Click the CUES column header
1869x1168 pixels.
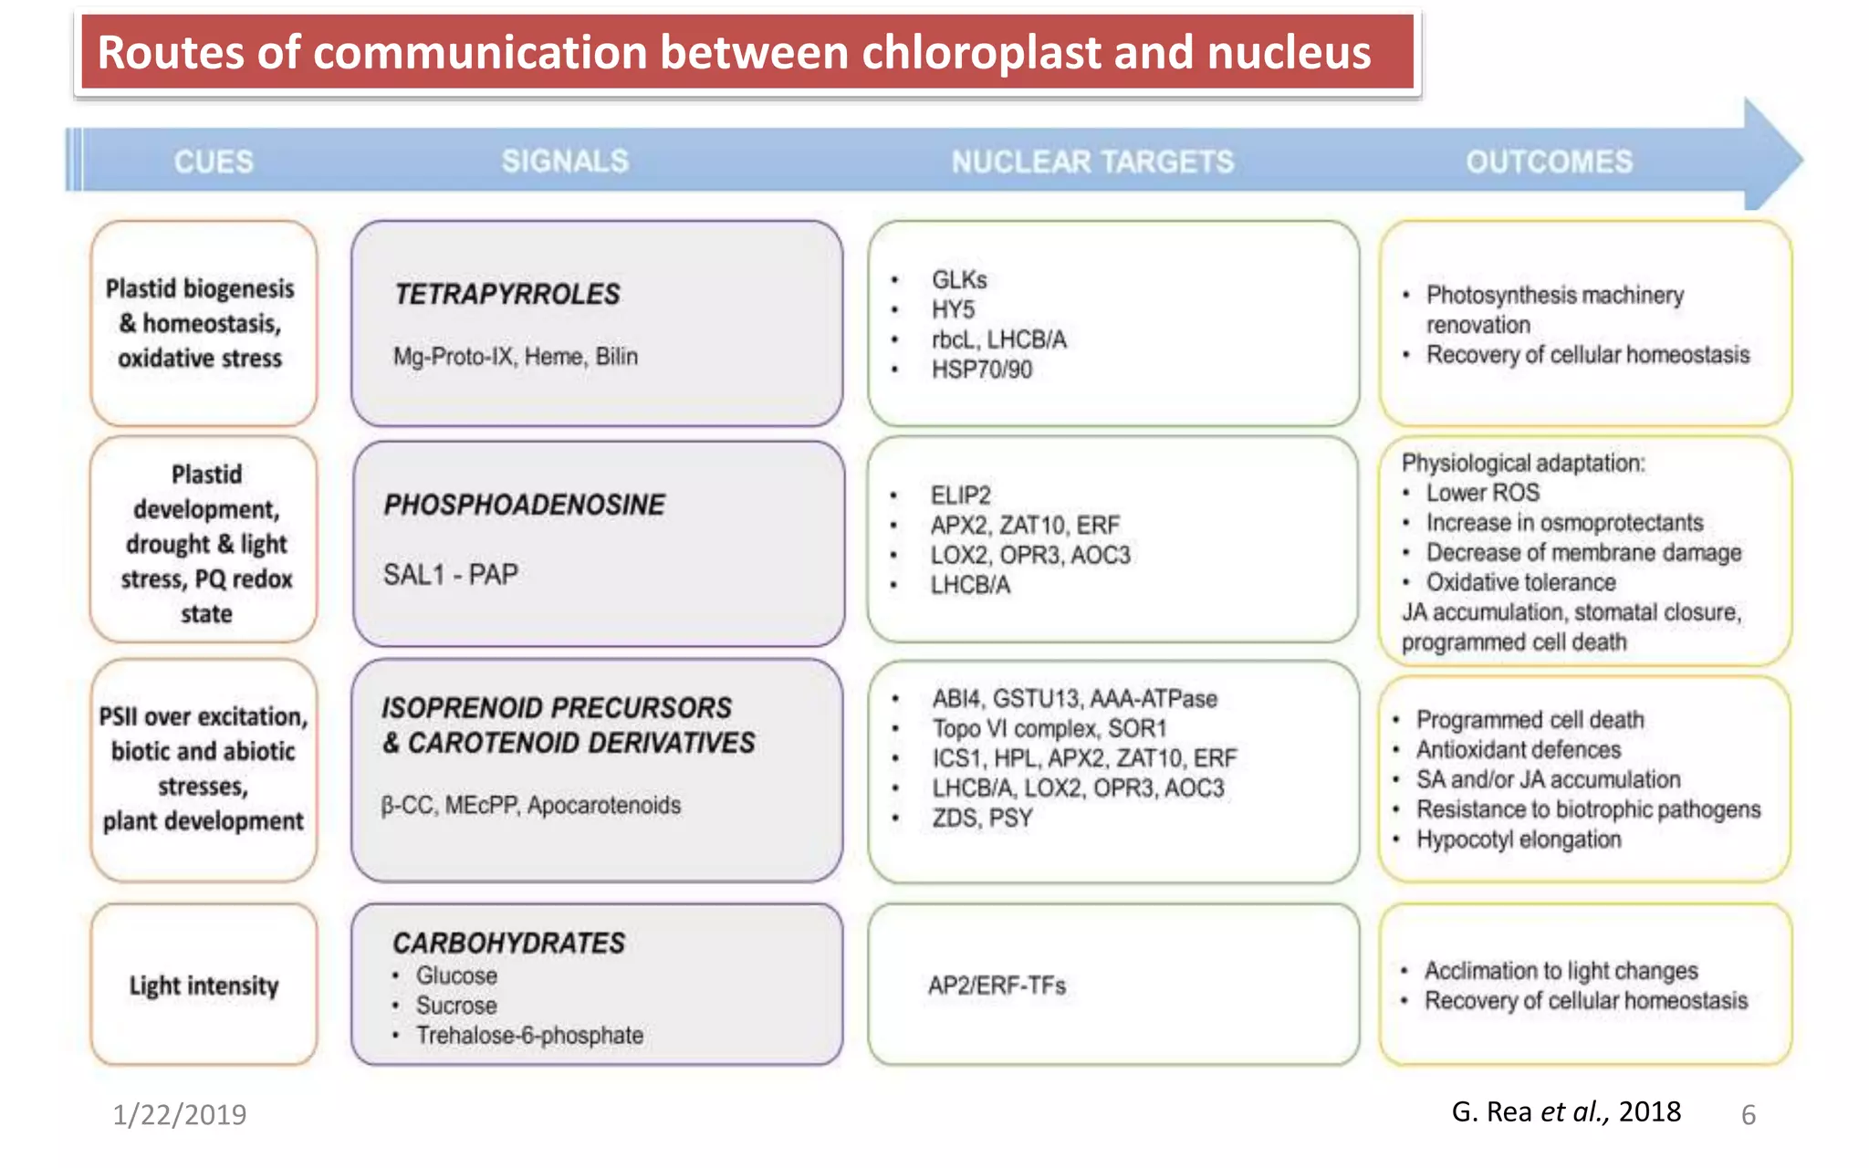[214, 162]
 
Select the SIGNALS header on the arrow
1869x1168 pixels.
[565, 162]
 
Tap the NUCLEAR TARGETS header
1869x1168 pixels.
[1092, 162]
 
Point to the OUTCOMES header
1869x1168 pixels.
[1549, 162]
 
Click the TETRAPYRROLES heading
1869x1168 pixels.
[506, 294]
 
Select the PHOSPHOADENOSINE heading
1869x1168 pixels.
[524, 505]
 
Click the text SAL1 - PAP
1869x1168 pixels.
[450, 574]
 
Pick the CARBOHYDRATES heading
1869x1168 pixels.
[508, 943]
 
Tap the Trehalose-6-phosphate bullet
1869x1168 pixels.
[528, 1036]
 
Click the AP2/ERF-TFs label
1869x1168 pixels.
[997, 985]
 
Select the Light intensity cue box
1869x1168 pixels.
[204, 985]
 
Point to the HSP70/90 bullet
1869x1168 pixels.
[981, 370]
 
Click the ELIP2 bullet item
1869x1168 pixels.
[960, 495]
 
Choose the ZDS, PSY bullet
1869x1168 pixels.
[982, 818]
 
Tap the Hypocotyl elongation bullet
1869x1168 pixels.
[1518, 839]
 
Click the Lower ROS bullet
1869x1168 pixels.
[1482, 493]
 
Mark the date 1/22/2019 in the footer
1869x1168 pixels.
[179, 1114]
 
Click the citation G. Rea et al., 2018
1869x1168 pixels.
[1565, 1111]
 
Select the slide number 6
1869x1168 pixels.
[1748, 1115]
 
